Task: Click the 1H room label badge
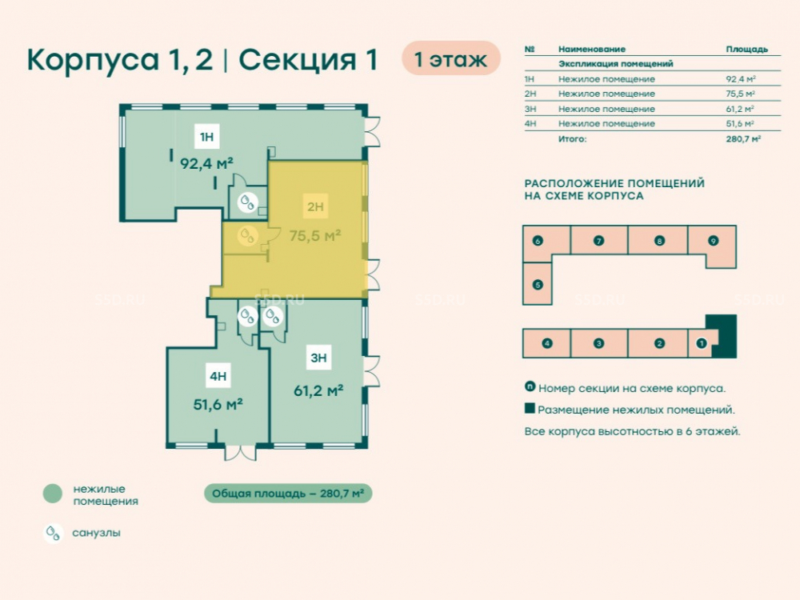[x=206, y=137]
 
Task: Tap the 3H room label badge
[x=318, y=358]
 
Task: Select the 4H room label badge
[x=218, y=376]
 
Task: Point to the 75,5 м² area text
[x=314, y=236]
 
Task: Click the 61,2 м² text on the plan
[x=318, y=391]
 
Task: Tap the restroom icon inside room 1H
[x=247, y=202]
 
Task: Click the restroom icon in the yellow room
[x=247, y=236]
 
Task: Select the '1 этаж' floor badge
[x=451, y=58]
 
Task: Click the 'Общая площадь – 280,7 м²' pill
[x=288, y=494]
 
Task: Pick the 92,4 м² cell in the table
[x=740, y=79]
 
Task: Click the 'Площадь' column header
[x=746, y=49]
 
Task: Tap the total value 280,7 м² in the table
[x=743, y=138]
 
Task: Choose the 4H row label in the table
[x=530, y=123]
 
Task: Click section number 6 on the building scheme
[x=538, y=241]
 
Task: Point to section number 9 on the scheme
[x=714, y=241]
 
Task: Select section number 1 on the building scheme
[x=702, y=343]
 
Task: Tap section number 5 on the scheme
[x=538, y=285]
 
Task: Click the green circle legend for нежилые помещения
[x=53, y=494]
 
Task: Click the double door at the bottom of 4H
[x=240, y=453]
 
